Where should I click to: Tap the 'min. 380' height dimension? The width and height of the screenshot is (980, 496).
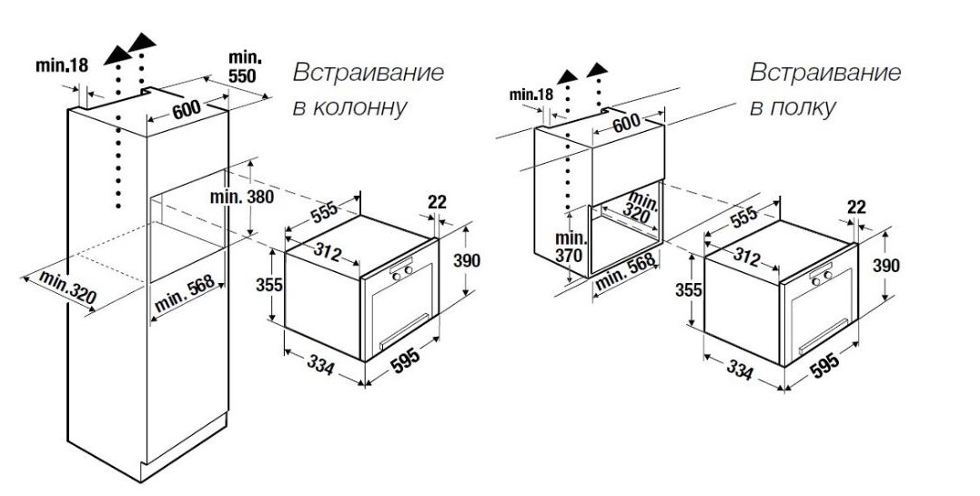242,197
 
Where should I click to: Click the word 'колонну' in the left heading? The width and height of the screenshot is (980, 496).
359,107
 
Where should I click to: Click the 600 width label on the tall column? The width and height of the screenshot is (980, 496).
187,110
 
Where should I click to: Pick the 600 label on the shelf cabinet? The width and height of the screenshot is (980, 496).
626,124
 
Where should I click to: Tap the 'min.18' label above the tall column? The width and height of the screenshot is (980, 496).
62,65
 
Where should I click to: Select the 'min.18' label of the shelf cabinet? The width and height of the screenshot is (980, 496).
531,95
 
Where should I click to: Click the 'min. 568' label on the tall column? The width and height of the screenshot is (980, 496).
185,294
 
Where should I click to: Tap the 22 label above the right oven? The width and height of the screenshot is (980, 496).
856,207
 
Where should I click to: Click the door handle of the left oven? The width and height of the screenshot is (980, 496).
404,331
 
